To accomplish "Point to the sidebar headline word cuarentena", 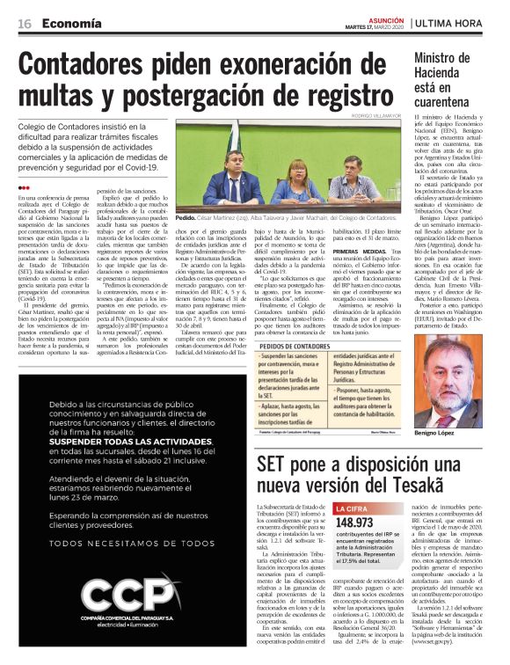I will coord(450,101).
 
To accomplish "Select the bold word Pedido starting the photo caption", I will coord(185,216).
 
